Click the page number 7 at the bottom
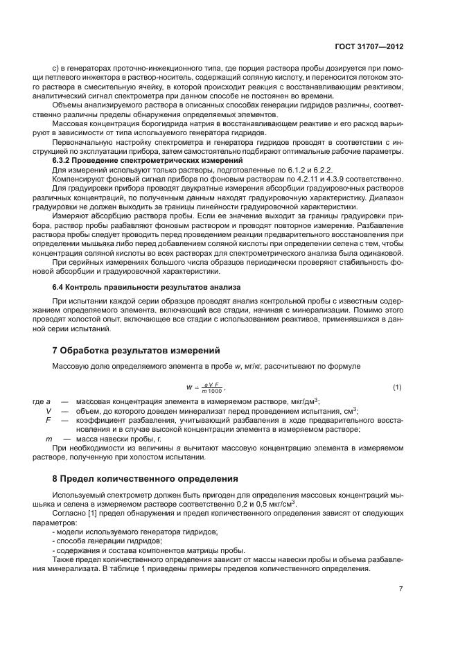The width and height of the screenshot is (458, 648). pyautogui.click(x=400, y=588)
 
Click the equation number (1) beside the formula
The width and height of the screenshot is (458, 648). pyautogui.click(x=397, y=386)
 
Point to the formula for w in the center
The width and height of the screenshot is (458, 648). pyautogui.click(x=206, y=387)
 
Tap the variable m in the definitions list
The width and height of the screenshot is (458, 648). pyautogui.click(x=48, y=439)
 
